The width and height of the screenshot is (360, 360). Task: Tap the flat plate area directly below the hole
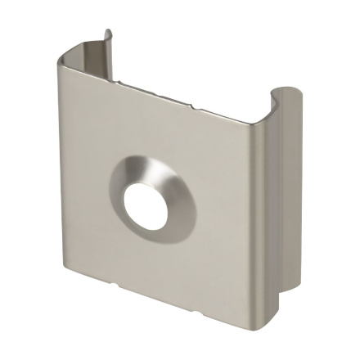pos(151,262)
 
